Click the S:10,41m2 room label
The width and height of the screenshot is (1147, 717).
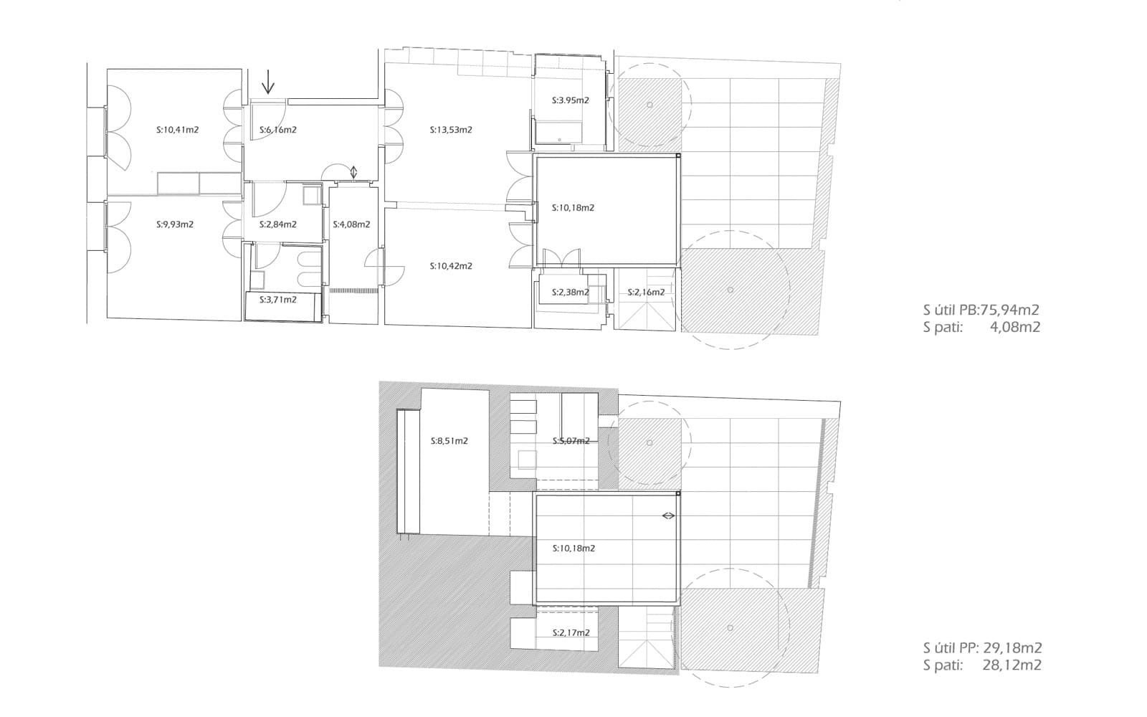click(x=177, y=130)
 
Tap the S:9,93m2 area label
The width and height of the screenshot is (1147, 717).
click(x=175, y=224)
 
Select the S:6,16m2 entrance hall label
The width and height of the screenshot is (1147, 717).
click(x=278, y=130)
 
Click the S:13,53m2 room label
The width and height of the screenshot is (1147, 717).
click(x=451, y=130)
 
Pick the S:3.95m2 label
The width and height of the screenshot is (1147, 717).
click(x=570, y=100)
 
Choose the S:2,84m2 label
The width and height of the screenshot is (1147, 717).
click(x=278, y=224)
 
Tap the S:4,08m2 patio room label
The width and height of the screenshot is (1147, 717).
click(x=351, y=224)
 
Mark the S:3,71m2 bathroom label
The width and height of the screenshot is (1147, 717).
click(x=278, y=300)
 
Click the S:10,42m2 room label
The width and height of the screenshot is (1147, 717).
click(x=451, y=266)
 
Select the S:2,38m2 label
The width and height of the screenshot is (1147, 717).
click(x=570, y=293)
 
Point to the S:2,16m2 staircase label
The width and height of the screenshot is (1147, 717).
click(x=646, y=293)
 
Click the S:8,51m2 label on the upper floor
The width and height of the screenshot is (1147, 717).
click(x=449, y=441)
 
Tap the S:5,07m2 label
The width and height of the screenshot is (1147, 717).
click(x=571, y=441)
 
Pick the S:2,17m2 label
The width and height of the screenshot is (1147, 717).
click(x=571, y=633)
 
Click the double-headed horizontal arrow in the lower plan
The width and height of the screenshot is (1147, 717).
click(x=668, y=516)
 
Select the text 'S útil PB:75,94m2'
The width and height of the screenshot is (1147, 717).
click(x=981, y=310)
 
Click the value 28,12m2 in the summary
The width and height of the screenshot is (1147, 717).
click(x=1012, y=665)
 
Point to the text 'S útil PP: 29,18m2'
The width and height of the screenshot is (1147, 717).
click(x=982, y=648)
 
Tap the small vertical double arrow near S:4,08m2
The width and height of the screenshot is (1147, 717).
click(x=353, y=172)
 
